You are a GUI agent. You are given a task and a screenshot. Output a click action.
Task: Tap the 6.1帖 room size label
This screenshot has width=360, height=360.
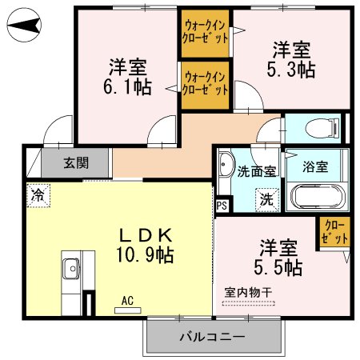point(128,86)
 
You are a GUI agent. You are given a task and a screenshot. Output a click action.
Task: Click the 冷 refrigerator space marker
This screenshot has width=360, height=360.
point(38,194)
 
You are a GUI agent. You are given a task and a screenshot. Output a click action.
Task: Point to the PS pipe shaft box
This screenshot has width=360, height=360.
point(222,204)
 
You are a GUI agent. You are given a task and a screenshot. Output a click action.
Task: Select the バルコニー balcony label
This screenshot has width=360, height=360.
point(211,336)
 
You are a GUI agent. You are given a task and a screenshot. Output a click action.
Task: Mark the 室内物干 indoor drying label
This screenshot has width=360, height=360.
point(248,293)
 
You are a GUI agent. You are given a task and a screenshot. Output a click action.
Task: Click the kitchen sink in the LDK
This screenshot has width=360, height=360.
point(70,268)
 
